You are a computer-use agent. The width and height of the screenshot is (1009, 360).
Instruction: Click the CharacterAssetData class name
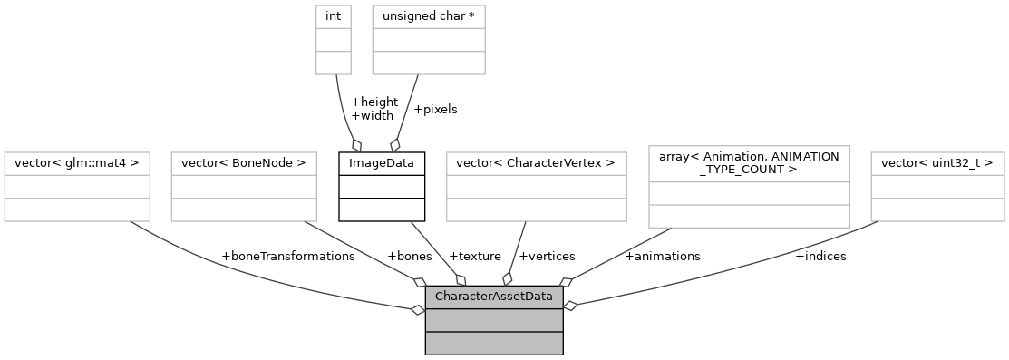(x=494, y=297)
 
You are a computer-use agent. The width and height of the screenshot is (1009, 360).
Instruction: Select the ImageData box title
(x=382, y=163)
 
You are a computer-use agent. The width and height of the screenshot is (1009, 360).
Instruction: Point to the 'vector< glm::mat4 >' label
(x=76, y=163)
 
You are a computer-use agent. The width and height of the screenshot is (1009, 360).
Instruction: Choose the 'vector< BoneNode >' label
(x=243, y=163)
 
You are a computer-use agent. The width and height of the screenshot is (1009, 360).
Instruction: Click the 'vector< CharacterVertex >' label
(x=537, y=163)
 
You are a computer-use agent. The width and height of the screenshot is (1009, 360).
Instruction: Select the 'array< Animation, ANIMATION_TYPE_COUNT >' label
(x=749, y=163)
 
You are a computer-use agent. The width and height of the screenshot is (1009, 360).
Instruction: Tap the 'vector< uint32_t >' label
(x=937, y=163)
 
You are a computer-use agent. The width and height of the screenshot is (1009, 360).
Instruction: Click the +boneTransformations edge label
(x=288, y=256)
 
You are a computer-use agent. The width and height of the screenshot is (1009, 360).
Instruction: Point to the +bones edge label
(x=409, y=256)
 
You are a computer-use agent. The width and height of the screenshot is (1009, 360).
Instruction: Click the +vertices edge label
(x=547, y=256)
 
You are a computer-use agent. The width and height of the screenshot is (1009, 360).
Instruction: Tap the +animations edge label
(x=663, y=256)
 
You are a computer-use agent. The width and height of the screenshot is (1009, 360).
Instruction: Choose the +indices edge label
(x=820, y=256)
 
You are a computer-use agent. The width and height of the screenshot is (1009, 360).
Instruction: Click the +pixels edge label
(x=435, y=109)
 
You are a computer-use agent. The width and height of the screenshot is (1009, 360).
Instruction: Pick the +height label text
(x=374, y=102)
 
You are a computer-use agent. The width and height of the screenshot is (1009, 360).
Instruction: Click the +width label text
(x=372, y=115)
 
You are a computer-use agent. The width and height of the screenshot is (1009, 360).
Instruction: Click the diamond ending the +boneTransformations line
(x=418, y=309)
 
